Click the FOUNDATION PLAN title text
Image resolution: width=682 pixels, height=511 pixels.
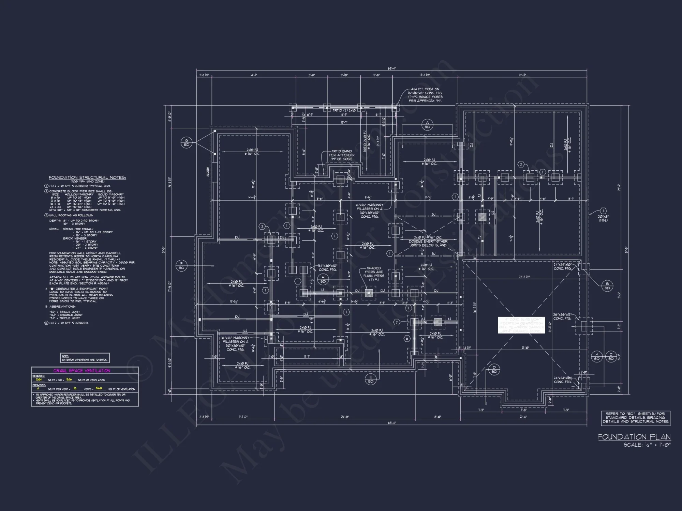pyautogui.click(x=634, y=437)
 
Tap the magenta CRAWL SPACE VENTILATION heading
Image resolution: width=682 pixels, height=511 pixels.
pyautogui.click(x=82, y=371)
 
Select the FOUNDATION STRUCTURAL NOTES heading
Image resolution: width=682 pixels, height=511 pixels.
pyautogui.click(x=87, y=177)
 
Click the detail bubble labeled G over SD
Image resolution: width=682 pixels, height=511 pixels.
pyautogui.click(x=187, y=142)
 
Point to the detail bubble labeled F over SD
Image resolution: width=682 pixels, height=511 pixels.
pyautogui.click(x=181, y=265)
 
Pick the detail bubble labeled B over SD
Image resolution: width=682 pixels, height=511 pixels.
pyautogui.click(x=607, y=286)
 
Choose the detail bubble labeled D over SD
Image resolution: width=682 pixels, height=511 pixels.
pyautogui.click(x=494, y=369)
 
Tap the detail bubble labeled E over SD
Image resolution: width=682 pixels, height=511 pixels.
pyautogui.click(x=371, y=379)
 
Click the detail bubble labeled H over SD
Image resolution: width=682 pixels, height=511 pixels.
pyautogui.click(x=323, y=279)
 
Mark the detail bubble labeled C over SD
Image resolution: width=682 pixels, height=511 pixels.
pyautogui.click(x=611, y=357)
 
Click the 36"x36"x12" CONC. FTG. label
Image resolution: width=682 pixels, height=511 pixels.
pyautogui.click(x=562, y=316)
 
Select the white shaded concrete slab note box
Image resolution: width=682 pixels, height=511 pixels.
pyautogui.click(x=521, y=325)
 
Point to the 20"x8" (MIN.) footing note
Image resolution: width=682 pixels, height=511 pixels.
pyautogui.click(x=603, y=218)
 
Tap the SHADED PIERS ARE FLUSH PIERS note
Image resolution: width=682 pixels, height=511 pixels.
pyautogui.click(x=374, y=274)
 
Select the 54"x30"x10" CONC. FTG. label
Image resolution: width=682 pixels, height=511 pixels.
pyautogui.click(x=327, y=267)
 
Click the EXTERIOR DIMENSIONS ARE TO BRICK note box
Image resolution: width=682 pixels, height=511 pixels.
pyautogui.click(x=85, y=358)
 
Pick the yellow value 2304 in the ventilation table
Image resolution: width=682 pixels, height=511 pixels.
pyautogui.click(x=39, y=380)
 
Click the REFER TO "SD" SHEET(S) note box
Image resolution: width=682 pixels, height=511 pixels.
pyautogui.click(x=636, y=418)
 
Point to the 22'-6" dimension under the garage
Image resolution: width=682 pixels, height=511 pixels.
pyautogui.click(x=523, y=417)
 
